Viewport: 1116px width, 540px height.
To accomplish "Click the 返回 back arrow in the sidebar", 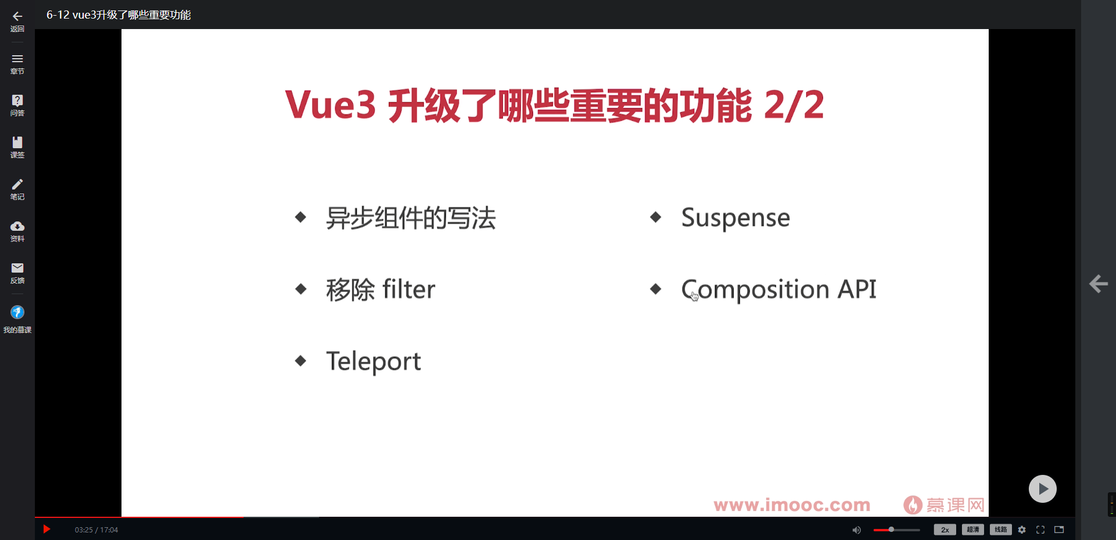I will pos(17,16).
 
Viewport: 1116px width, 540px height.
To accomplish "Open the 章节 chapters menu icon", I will pos(17,59).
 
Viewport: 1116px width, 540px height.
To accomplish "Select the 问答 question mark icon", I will pos(17,100).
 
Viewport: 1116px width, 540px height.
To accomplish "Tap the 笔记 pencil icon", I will pos(17,184).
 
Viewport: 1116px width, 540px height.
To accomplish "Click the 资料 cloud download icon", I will pos(17,226).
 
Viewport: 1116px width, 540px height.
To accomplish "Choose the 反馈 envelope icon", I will pos(17,268).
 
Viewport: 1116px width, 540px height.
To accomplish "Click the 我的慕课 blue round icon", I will pos(17,313).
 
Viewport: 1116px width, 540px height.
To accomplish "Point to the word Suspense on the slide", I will pos(735,219).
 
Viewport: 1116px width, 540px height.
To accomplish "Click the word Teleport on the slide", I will pos(373,362).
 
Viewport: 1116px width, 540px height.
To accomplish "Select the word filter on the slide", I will pos(409,289).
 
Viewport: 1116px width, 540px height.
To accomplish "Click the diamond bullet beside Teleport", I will pos(301,361).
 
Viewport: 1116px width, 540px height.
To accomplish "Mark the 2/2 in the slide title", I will pos(793,105).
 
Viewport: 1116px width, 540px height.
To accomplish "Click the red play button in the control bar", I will pos(47,530).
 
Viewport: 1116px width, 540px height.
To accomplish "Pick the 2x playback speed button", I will pos(945,530).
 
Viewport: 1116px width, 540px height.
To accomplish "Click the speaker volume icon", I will pos(856,530).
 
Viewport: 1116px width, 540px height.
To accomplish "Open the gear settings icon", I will pos(1022,530).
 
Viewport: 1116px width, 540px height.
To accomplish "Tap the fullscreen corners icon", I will pos(1040,530).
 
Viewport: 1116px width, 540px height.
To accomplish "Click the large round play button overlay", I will pos(1043,489).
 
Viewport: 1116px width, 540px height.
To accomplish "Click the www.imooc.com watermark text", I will pos(792,505).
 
